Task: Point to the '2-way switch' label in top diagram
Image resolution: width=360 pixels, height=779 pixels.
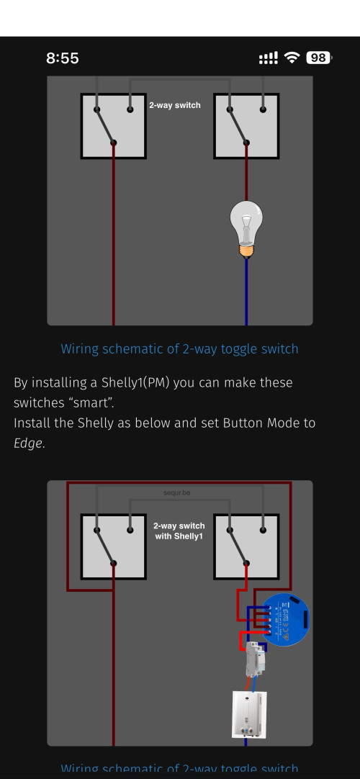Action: tap(174, 105)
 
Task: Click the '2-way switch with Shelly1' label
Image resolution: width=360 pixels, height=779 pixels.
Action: tap(179, 531)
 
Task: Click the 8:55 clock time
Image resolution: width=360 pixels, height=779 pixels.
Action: tap(63, 58)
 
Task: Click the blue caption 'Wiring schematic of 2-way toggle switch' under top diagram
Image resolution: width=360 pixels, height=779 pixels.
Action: tap(179, 349)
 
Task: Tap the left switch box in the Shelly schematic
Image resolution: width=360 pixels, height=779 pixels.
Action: tap(113, 546)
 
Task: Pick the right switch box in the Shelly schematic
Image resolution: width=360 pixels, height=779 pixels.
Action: tap(246, 546)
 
